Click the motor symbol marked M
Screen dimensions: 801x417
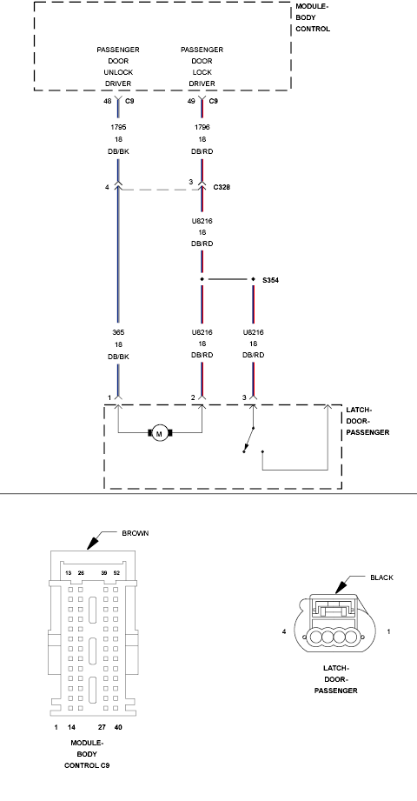pos(160,433)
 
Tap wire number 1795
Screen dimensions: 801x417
pos(118,127)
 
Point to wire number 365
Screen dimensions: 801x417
pos(118,331)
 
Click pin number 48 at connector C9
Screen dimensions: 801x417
pos(108,101)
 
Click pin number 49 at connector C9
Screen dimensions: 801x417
pos(191,101)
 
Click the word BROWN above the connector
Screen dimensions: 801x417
pos(136,532)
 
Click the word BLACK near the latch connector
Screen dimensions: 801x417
pos(381,577)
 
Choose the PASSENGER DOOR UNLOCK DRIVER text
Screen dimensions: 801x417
pos(118,68)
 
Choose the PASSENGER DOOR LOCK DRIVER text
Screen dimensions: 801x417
pos(202,68)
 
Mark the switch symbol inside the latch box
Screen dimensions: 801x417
pos(250,440)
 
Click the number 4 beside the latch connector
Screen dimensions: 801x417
pos(285,631)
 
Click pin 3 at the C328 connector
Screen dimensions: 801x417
pos(191,182)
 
